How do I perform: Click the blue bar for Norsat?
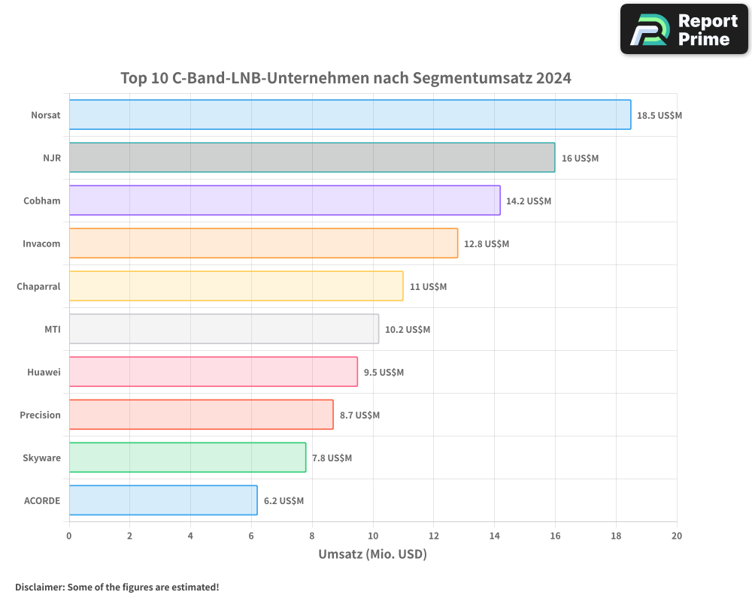click(350, 115)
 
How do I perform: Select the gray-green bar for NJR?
click(312, 158)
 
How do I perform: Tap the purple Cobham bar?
click(284, 201)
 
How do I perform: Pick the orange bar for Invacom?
click(263, 243)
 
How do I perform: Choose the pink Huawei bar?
click(213, 372)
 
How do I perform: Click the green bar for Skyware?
click(187, 458)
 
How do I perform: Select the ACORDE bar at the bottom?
click(163, 500)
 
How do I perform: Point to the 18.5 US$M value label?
click(660, 116)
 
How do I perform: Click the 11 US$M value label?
click(428, 287)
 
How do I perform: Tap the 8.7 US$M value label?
click(359, 415)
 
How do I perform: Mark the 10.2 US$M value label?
click(408, 330)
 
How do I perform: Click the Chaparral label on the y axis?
click(38, 287)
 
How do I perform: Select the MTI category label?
click(53, 330)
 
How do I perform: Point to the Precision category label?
click(40, 415)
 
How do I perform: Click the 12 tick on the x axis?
click(433, 536)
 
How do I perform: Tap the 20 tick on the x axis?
click(677, 536)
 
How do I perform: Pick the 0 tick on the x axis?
click(69, 536)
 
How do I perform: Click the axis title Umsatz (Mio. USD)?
click(372, 554)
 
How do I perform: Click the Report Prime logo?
click(684, 29)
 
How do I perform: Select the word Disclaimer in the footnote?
click(39, 587)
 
